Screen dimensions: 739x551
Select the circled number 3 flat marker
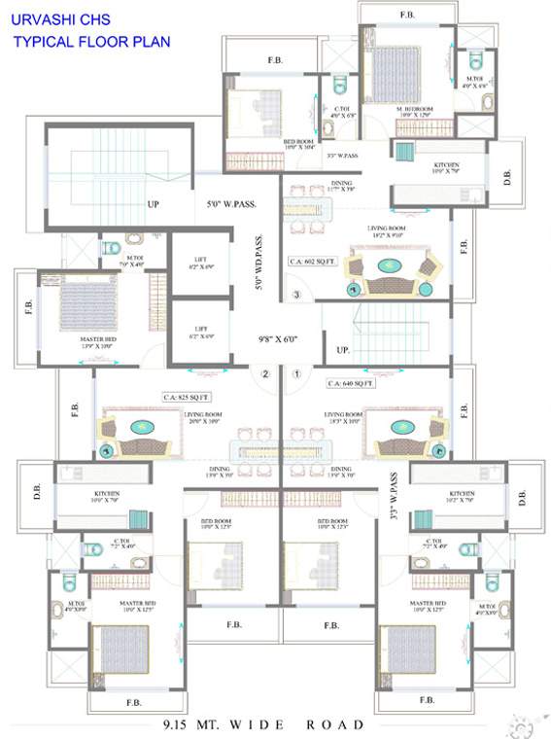click(x=296, y=295)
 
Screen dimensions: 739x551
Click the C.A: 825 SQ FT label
click(x=187, y=397)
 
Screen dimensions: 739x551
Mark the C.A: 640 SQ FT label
click(x=351, y=383)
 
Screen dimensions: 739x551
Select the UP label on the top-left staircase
click(x=154, y=205)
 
